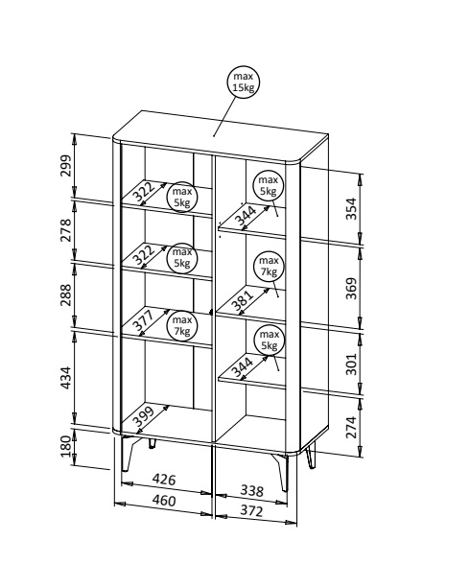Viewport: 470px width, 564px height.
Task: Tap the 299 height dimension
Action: [66, 165]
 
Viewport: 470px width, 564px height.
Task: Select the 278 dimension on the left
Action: [66, 230]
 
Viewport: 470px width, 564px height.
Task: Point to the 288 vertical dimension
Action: [66, 294]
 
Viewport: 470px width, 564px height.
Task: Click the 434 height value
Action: [66, 378]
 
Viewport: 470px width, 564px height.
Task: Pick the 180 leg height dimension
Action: [66, 446]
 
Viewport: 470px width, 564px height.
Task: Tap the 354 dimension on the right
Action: [351, 208]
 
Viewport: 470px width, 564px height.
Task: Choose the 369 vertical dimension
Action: [351, 288]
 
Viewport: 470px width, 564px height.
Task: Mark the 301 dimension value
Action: [351, 364]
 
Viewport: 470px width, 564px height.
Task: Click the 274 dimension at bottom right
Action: [351, 427]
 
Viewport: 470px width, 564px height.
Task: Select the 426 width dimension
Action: [164, 480]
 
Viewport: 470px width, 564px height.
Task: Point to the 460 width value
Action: [164, 501]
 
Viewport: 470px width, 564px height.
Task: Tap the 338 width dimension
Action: [251, 490]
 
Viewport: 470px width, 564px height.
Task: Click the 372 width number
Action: [251, 510]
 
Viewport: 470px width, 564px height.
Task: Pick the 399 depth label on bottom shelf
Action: [144, 415]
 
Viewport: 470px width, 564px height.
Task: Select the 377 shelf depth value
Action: [144, 320]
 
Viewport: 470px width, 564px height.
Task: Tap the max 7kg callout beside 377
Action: [182, 325]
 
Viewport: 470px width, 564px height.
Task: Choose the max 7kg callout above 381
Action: [269, 266]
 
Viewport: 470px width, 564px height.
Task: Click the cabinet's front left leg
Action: [127, 453]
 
